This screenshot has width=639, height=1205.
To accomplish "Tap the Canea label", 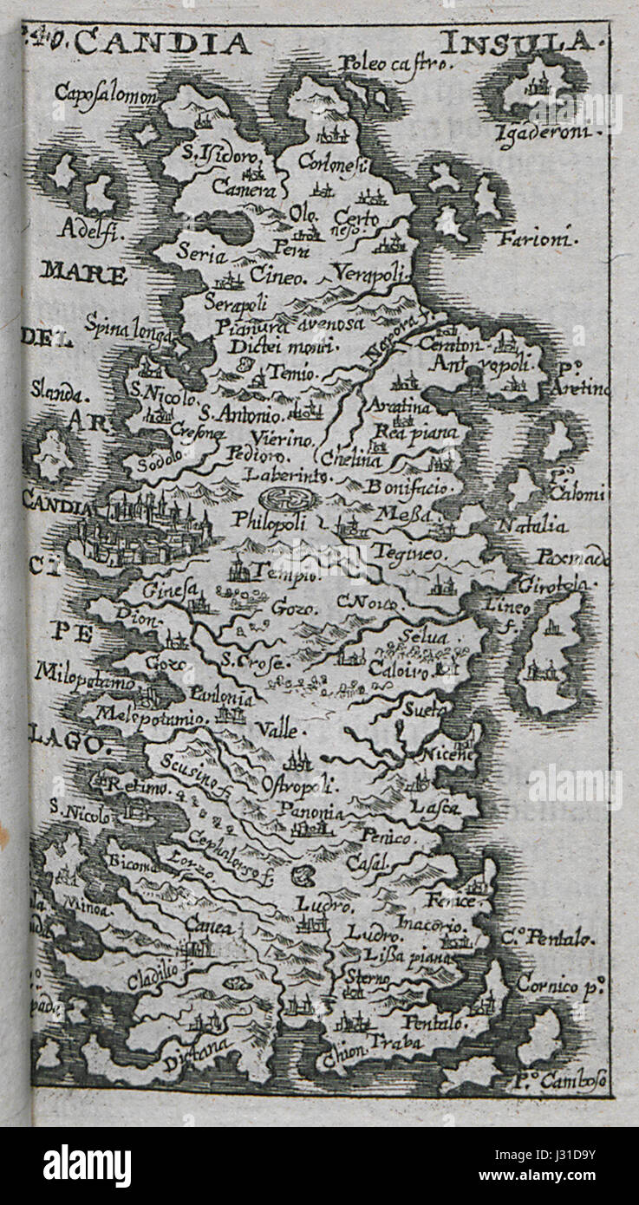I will point(209,928).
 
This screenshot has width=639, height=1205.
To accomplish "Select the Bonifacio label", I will point(408,487).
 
